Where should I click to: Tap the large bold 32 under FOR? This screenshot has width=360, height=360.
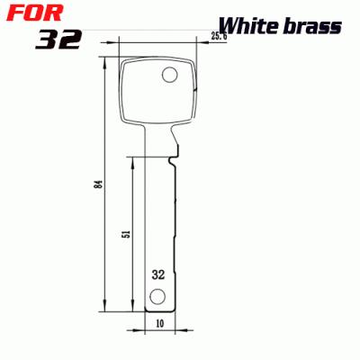tap(59, 40)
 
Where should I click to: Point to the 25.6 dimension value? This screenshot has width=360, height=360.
tap(218, 37)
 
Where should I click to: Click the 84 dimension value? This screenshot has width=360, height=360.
tap(98, 184)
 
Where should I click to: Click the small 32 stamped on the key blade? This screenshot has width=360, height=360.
tap(158, 274)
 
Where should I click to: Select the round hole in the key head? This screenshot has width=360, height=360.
tap(168, 75)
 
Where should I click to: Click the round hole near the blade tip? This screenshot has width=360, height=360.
tap(157, 297)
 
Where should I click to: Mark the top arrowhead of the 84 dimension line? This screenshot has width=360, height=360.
tap(107, 62)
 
